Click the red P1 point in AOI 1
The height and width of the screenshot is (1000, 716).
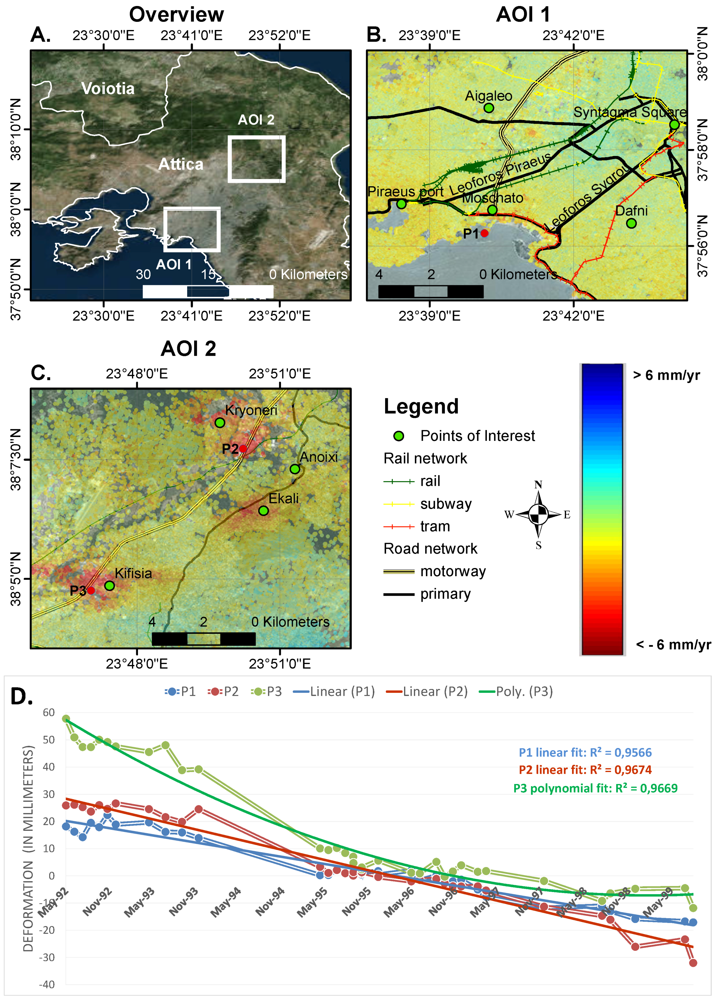(484, 233)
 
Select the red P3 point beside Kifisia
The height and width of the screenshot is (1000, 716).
(91, 590)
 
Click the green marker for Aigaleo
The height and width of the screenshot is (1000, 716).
(489, 108)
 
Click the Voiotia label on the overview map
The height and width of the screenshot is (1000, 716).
(108, 88)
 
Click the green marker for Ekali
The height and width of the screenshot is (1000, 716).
(263, 510)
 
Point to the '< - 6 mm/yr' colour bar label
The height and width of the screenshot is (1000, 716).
(673, 645)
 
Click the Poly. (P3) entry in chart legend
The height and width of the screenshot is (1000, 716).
(524, 691)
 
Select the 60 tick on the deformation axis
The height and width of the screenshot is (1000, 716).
(49, 713)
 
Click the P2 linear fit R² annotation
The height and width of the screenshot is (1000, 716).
(585, 770)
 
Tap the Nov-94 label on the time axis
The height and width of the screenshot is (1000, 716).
(270, 902)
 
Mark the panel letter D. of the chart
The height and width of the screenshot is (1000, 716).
(21, 697)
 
